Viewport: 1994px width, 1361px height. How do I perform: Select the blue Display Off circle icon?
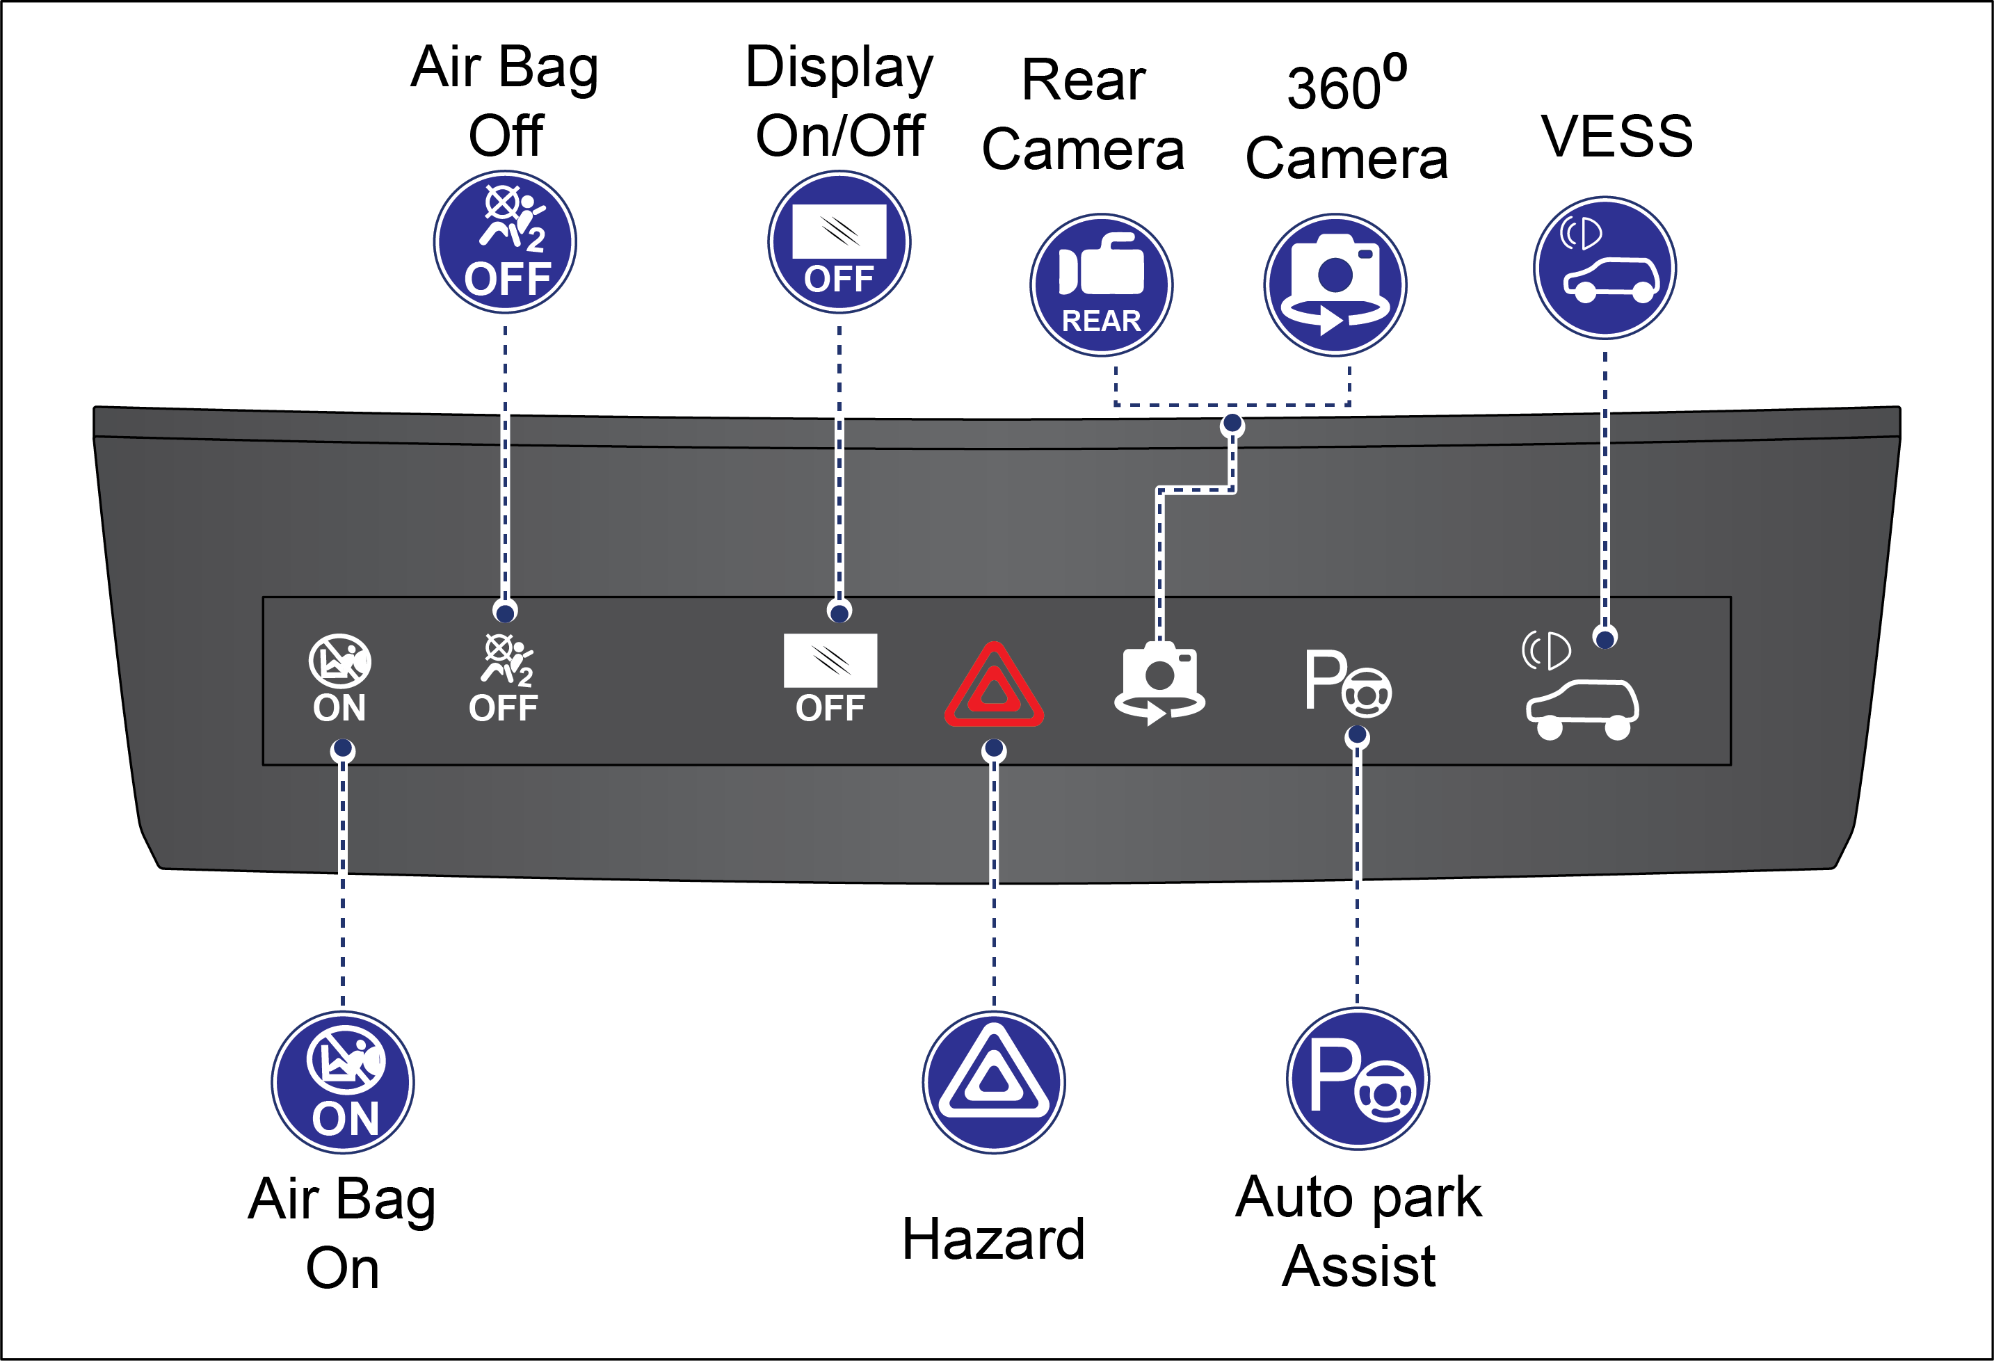[839, 242]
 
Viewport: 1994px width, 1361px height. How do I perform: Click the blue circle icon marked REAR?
[1102, 285]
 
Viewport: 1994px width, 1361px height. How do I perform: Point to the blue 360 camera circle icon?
[1335, 285]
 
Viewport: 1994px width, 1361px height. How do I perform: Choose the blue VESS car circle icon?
[1605, 268]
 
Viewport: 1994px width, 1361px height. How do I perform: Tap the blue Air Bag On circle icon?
[343, 1083]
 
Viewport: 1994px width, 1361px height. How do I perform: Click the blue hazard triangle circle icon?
[994, 1083]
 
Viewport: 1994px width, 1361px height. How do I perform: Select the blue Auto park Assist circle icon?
[1358, 1079]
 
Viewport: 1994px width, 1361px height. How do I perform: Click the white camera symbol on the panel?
[1160, 682]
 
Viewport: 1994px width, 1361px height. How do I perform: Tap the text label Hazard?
[994, 1239]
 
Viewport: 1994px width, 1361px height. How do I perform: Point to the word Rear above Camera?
[1083, 81]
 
